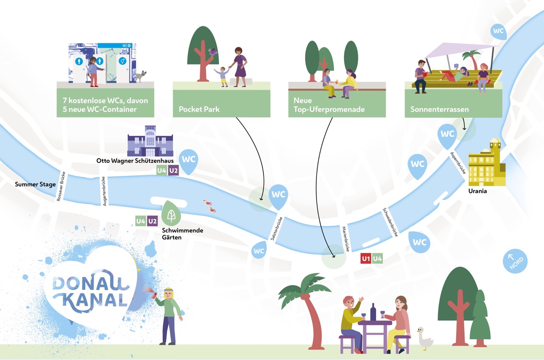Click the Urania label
coord(477,191)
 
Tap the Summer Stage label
coord(35,184)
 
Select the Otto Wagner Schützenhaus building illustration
coord(150,141)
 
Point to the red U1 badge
coord(366,259)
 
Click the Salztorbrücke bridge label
coord(277,229)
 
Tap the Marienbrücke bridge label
coord(346,239)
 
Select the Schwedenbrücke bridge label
coord(390,222)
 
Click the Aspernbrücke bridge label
coord(458,163)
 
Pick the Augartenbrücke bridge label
coord(104,191)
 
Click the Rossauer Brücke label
coord(61,186)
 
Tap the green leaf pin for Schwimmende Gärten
coord(171,213)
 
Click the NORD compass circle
coord(515,261)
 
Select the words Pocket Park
coord(199,109)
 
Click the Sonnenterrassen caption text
coord(439,109)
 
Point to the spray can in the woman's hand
coord(154,295)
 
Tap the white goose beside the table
coord(425,338)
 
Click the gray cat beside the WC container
coord(141,76)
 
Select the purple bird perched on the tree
coord(212,52)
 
